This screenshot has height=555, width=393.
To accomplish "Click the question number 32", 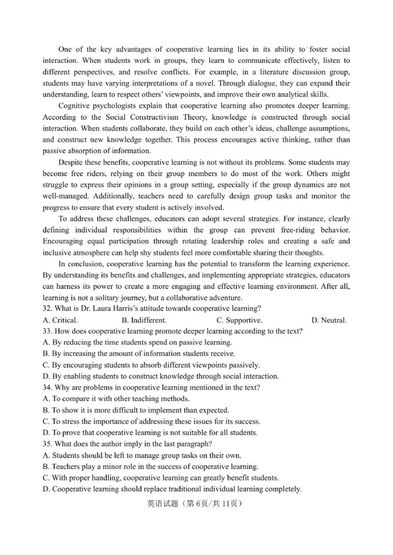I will [48, 309].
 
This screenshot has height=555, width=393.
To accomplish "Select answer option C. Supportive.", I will [239, 320].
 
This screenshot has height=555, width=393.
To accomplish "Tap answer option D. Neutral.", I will [329, 320].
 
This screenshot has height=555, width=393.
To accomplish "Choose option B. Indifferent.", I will [144, 320].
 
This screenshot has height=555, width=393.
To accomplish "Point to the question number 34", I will [48, 388].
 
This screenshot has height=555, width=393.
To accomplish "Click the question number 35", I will [48, 444].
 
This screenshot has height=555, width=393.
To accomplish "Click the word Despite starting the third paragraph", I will [71, 162].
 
